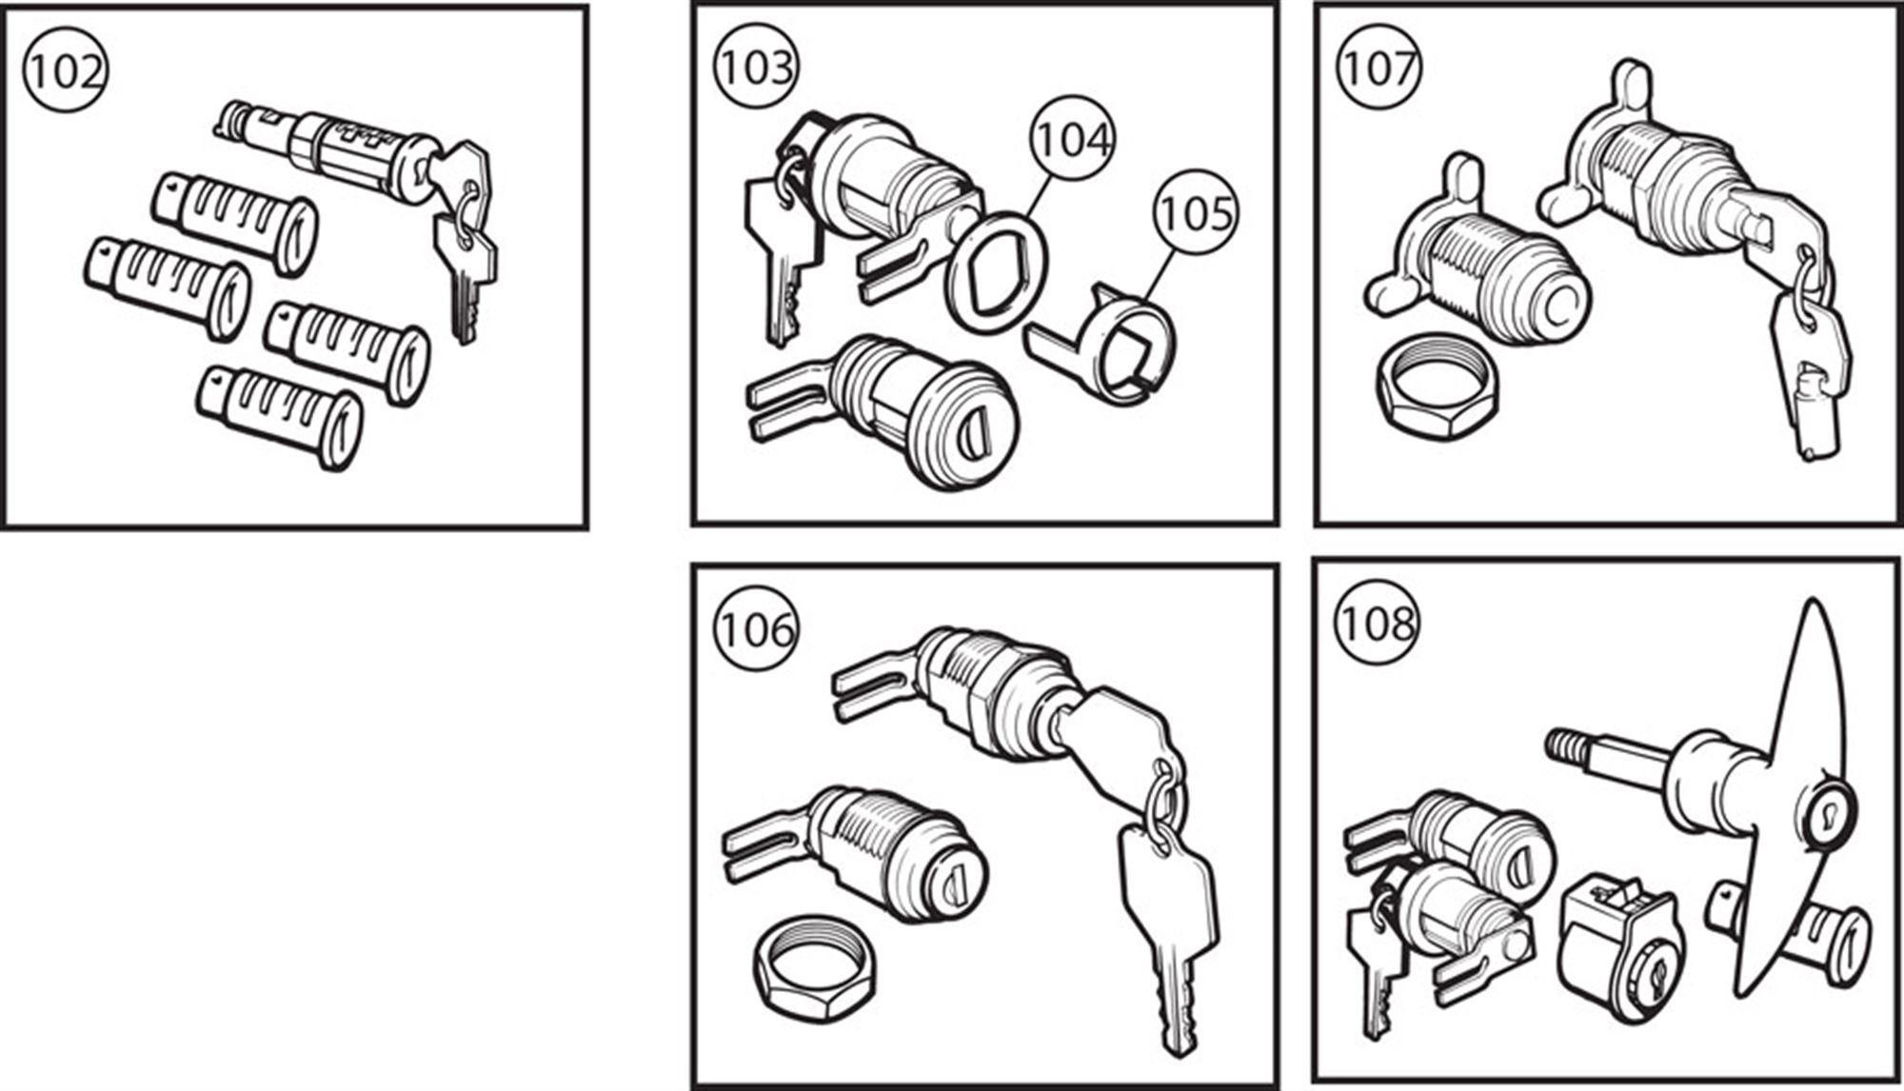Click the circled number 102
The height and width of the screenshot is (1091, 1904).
pyautogui.click(x=65, y=71)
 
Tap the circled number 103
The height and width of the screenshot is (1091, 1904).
pyautogui.click(x=756, y=68)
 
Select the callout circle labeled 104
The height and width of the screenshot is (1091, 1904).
pyautogui.click(x=1073, y=139)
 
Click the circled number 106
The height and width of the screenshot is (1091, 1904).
pyautogui.click(x=756, y=629)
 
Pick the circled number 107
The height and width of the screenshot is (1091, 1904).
pyautogui.click(x=1378, y=68)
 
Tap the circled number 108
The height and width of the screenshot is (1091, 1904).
pyautogui.click(x=1377, y=624)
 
